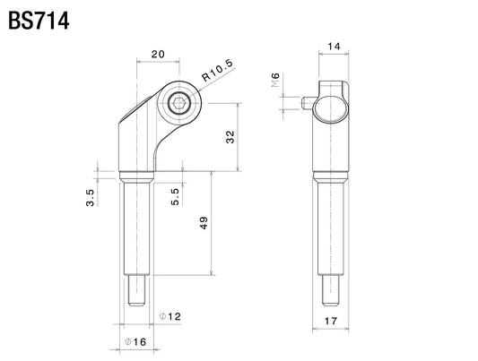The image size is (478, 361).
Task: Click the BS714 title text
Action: point(39,21)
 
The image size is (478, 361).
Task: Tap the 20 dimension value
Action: point(158,54)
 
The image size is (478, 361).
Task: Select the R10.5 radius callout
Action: point(217,70)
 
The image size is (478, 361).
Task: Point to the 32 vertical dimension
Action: point(230,137)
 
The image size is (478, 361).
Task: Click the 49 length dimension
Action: point(204,222)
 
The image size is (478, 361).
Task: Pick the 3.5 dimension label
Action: point(91,198)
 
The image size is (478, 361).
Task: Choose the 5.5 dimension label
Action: point(175,197)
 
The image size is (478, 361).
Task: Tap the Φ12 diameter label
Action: point(170,316)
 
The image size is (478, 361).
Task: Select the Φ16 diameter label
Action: point(135,342)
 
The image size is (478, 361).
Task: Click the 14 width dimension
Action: point(334,47)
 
